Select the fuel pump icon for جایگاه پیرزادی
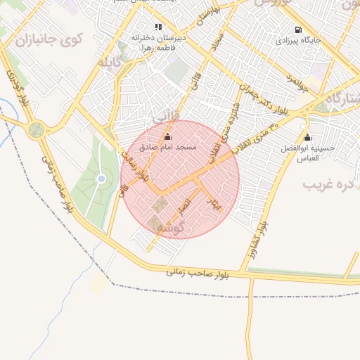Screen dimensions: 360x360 pos(300,30)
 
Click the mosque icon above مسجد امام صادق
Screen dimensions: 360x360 pos(167,137)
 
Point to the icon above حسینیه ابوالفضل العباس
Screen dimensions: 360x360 pos(307,137)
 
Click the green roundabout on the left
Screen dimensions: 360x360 pos(37,129)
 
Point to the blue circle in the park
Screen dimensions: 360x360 pos(101,179)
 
